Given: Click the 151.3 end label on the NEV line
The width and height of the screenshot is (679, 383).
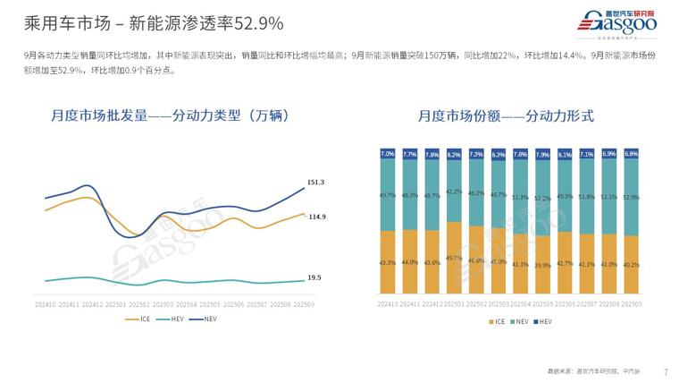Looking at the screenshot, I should coord(315,183).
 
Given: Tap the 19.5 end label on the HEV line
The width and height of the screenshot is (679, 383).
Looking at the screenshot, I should coord(314,277).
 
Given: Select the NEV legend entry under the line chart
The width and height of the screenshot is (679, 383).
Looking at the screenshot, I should coord(206,319).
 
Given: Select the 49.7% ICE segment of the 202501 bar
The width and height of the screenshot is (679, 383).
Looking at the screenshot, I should coord(454,258).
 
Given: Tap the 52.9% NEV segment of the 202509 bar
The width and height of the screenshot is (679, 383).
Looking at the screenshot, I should coord(631,196).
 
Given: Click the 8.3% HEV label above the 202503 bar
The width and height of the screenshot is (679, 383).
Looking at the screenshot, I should coord(499,155).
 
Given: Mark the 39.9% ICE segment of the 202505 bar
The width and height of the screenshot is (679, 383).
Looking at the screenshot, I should coord(542,265).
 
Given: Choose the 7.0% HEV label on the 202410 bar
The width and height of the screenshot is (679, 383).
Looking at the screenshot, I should coord(387,154).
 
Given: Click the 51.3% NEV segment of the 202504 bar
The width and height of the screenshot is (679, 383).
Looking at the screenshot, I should coord(520,198).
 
